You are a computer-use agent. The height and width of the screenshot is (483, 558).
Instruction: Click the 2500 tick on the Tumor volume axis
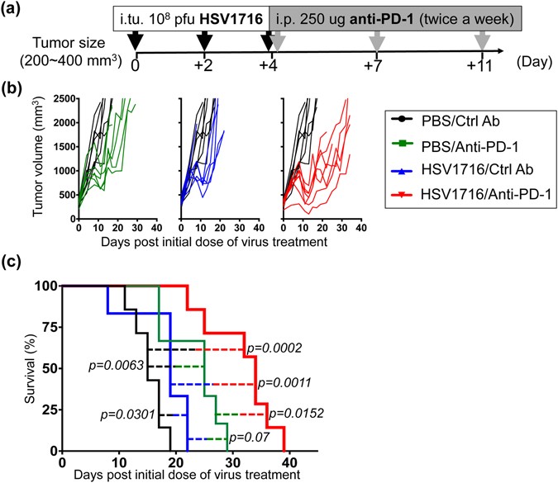(55, 99)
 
